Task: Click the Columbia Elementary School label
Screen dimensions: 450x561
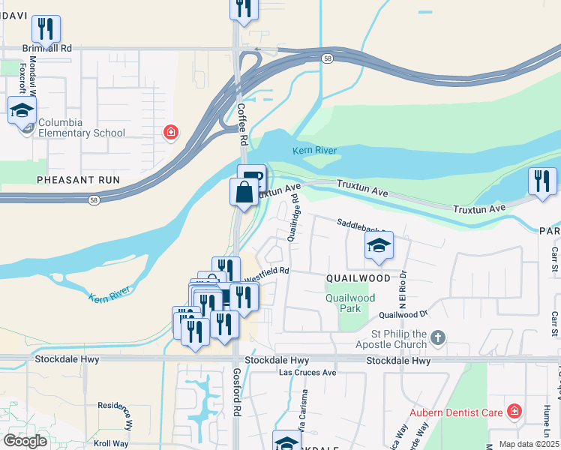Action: (x=81, y=128)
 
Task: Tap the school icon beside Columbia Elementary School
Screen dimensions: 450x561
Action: (x=22, y=111)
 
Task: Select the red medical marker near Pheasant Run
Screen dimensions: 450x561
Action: (x=171, y=133)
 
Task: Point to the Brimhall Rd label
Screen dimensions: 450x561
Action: (x=46, y=47)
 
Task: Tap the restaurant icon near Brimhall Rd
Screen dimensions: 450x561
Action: (x=46, y=29)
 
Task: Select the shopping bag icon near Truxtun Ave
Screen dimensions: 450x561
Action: (x=244, y=192)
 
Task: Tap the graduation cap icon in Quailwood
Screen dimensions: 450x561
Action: (x=379, y=246)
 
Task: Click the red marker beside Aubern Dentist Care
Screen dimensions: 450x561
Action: (x=514, y=411)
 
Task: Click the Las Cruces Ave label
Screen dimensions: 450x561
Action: (x=307, y=372)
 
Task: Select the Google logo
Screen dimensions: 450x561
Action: (x=25, y=441)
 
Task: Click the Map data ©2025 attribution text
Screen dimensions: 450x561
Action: (x=528, y=444)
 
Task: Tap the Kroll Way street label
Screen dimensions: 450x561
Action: (x=111, y=443)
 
